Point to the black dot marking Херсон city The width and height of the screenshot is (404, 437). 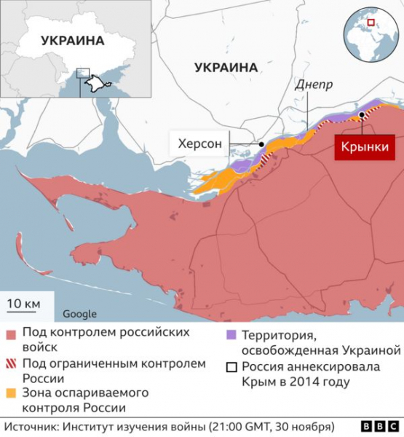coord(261,144)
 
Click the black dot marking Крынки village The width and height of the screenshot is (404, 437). coord(362,115)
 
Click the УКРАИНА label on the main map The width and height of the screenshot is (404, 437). coord(226,67)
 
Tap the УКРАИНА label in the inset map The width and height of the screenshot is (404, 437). coord(73,41)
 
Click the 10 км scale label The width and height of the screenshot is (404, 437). coord(24,302)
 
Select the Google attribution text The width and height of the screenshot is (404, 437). coord(79,314)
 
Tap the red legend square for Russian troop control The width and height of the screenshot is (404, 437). coord(11,334)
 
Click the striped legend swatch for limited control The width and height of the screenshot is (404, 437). coord(11,363)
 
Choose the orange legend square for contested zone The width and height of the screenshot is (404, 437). coord(11,393)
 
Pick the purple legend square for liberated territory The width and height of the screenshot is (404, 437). coord(231,334)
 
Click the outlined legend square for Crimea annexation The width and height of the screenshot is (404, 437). coord(231,367)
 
